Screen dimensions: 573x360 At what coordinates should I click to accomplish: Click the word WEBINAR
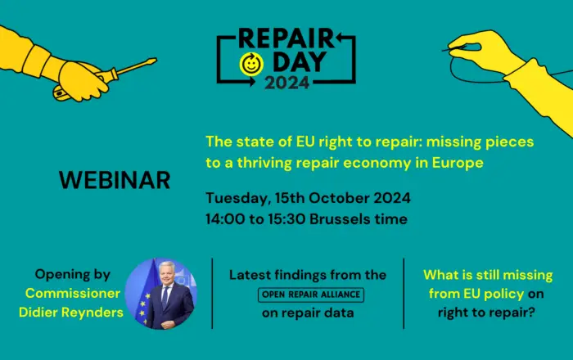point(115,180)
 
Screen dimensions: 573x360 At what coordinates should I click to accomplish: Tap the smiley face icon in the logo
point(251,65)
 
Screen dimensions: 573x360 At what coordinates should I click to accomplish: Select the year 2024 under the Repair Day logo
point(286,83)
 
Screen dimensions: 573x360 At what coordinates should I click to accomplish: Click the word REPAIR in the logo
point(286,38)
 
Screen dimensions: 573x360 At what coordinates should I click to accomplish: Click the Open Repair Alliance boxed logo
point(311,295)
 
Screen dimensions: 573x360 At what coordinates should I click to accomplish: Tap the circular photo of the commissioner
point(161,294)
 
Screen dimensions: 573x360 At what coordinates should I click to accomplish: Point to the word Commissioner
point(73,293)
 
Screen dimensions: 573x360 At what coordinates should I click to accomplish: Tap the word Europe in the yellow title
point(458,163)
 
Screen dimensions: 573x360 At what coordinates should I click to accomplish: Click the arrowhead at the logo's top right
point(340,37)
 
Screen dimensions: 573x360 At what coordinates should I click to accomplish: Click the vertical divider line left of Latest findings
point(212,294)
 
